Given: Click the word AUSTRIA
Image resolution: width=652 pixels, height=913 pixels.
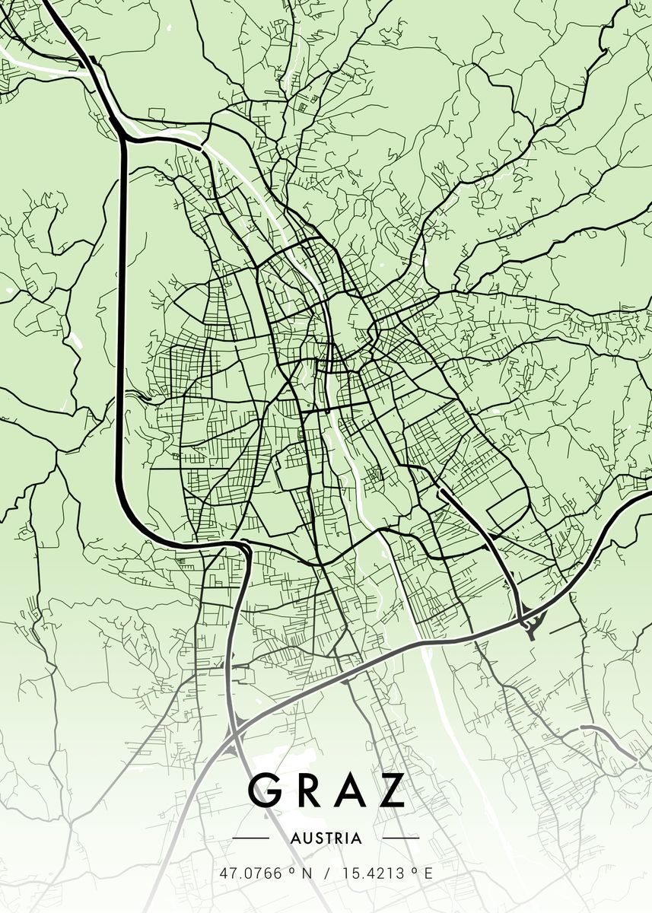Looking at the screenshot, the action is pyautogui.click(x=326, y=838).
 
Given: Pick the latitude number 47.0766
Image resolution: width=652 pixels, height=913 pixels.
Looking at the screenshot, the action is pyautogui.click(x=250, y=873).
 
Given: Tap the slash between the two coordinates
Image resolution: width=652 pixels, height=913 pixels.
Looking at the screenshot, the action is pyautogui.click(x=327, y=873).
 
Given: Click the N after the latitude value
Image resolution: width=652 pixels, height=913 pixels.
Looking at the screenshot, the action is pyautogui.click(x=307, y=873).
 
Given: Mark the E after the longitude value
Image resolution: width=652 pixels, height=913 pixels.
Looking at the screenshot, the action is pyautogui.click(x=428, y=873).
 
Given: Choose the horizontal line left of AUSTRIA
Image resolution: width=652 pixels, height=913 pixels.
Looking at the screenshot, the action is pyautogui.click(x=251, y=838).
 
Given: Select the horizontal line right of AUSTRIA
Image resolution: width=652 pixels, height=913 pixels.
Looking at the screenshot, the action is pyautogui.click(x=400, y=838).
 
